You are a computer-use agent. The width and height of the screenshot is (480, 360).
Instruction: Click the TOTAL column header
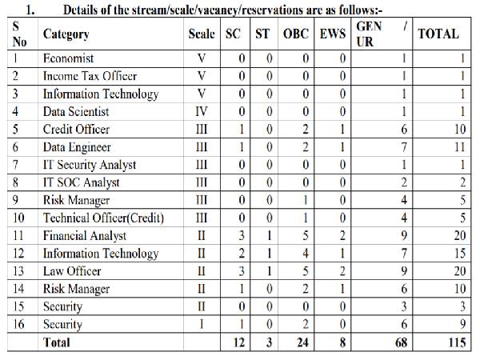pyautogui.click(x=438, y=34)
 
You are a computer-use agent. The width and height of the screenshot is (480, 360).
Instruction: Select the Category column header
pyautogui.click(x=66, y=34)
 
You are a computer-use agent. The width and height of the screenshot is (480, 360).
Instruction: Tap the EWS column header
pyautogui.click(x=332, y=34)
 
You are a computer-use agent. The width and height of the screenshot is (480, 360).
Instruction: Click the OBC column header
pyautogui.click(x=294, y=34)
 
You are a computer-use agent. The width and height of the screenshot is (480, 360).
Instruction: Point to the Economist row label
pyautogui.click(x=68, y=58)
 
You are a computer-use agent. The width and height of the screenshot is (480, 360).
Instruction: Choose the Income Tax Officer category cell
pyautogui.click(x=88, y=76)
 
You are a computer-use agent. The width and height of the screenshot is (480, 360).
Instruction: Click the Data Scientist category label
pyautogui.click(x=76, y=111)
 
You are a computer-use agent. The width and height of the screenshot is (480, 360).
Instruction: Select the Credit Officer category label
pyautogui.click(x=76, y=130)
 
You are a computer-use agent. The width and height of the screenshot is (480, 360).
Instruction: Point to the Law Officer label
pyautogui.click(x=72, y=271)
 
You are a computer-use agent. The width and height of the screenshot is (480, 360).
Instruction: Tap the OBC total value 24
pyautogui.click(x=294, y=342)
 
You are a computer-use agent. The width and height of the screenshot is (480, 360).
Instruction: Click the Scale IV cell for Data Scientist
pyautogui.click(x=202, y=111)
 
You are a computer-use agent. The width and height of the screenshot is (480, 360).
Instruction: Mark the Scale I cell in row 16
pyautogui.click(x=202, y=324)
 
